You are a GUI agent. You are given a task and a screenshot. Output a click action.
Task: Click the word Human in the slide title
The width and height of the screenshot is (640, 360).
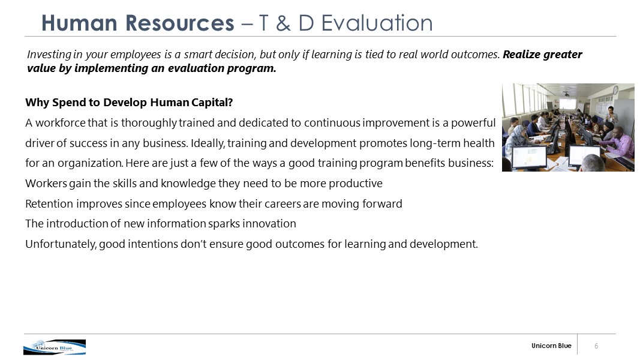(80, 23)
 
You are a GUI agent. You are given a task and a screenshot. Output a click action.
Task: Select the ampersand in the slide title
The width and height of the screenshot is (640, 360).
(283, 23)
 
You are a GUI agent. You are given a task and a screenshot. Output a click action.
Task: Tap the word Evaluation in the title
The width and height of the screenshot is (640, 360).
(377, 23)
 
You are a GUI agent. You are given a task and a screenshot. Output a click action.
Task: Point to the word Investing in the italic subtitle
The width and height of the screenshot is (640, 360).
(49, 55)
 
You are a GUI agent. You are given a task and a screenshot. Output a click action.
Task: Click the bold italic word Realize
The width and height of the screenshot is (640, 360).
(522, 54)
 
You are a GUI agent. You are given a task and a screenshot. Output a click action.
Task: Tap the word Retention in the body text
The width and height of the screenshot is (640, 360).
(49, 203)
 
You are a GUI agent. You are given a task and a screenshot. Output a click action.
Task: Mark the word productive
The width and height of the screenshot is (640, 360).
(356, 184)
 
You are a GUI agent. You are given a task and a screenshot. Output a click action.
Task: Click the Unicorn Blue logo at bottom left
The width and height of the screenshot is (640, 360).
(55, 347)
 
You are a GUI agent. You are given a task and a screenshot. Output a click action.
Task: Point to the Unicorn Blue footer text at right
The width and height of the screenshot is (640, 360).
(551, 346)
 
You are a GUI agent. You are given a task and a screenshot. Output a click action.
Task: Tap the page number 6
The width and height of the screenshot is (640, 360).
(596, 346)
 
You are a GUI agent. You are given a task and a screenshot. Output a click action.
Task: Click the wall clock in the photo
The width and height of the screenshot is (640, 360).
(615, 90)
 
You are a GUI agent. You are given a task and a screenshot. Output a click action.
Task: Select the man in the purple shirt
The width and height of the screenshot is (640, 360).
(614, 143)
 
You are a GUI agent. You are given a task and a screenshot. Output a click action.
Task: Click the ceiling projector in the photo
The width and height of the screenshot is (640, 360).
(566, 94)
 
